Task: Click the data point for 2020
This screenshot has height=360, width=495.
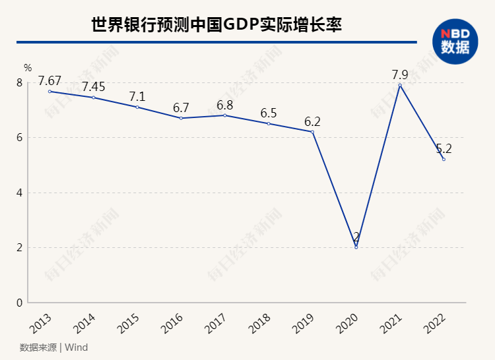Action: click(356, 247)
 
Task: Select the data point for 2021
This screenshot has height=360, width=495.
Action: click(400, 85)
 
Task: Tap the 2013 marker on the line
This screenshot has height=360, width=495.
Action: click(49, 91)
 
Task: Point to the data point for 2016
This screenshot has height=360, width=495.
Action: click(181, 118)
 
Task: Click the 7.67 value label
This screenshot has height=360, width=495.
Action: click(49, 81)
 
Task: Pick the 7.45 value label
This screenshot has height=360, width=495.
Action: click(94, 87)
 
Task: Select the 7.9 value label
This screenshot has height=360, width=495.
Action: click(400, 75)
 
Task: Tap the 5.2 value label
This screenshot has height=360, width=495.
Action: click(444, 149)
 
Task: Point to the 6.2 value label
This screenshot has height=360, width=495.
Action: click(312, 121)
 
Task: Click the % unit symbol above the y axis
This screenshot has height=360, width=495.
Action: click(28, 67)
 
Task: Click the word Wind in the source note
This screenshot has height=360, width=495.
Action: click(77, 347)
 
